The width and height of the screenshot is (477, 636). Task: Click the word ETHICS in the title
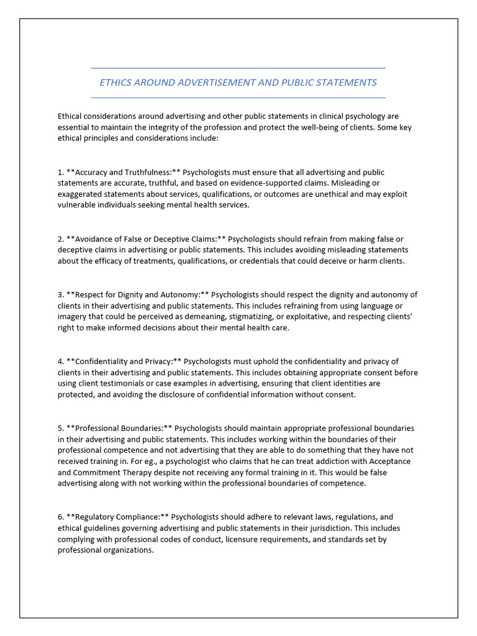[115, 83]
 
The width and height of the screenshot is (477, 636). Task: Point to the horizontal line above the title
[238, 68]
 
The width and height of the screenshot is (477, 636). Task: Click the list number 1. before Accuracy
[61, 172]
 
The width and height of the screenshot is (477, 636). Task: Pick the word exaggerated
[83, 194]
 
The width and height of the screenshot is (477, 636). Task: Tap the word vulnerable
[78, 206]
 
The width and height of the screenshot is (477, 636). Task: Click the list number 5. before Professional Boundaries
[61, 429]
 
